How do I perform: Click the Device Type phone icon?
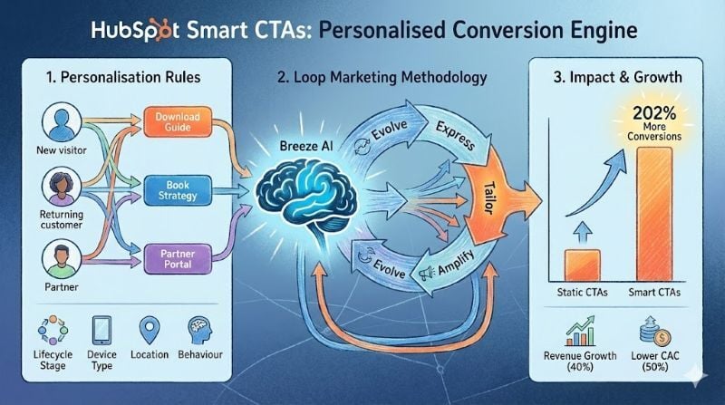pyautogui.click(x=101, y=329)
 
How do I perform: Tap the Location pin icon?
pyautogui.click(x=150, y=328)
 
